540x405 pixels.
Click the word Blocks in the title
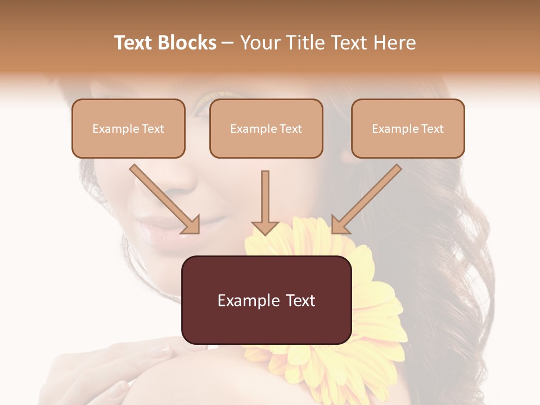coord(187,43)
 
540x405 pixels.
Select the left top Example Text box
coord(128,128)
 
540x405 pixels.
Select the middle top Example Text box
coord(266,128)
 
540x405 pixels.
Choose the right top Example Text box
coord(408,128)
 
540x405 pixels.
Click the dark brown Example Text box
coord(266,300)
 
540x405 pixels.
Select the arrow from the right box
coord(366,199)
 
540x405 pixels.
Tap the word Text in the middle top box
coord(291,129)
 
